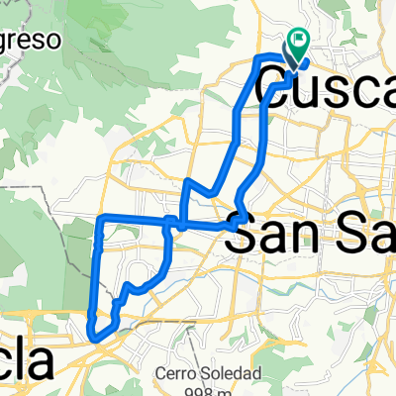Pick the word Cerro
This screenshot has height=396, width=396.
click(x=178, y=374)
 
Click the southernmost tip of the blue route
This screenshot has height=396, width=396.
click(x=96, y=340)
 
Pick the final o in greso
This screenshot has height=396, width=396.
click(x=55, y=42)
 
